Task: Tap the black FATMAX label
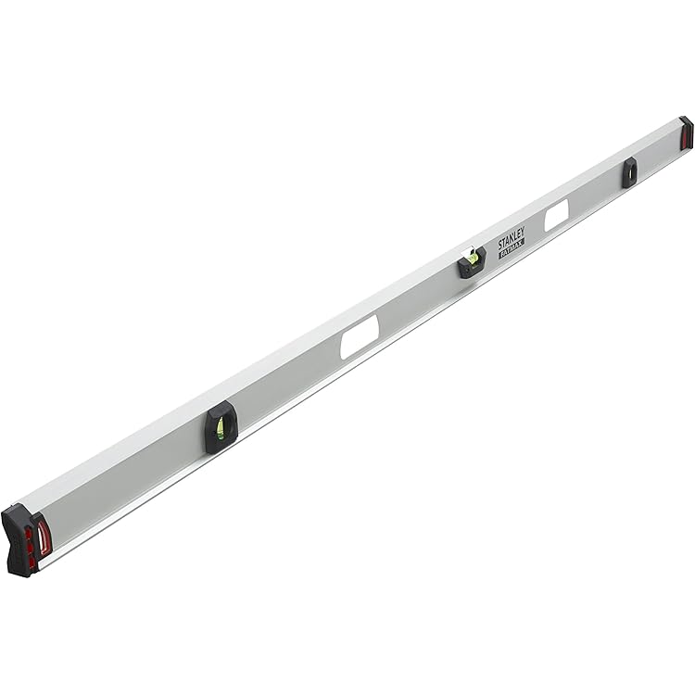point(512,248)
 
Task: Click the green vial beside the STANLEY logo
point(474,258)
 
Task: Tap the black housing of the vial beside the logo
point(472,263)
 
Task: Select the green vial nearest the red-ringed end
point(221,429)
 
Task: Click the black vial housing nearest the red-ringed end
point(221,427)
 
